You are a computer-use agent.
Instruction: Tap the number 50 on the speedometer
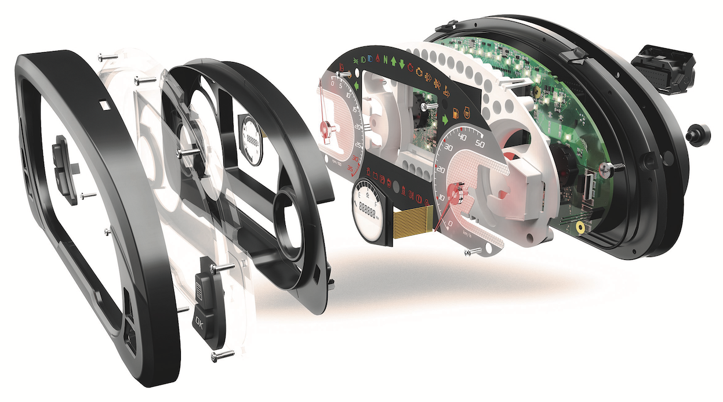point(479,143)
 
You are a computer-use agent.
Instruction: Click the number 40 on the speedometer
point(462,138)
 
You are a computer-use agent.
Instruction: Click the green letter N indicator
point(383,60)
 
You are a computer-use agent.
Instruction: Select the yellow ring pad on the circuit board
point(580,229)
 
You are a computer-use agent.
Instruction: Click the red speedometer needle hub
point(455,190)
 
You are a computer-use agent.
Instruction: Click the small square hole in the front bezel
point(104,104)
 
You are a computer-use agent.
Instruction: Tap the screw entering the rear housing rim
point(611,168)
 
